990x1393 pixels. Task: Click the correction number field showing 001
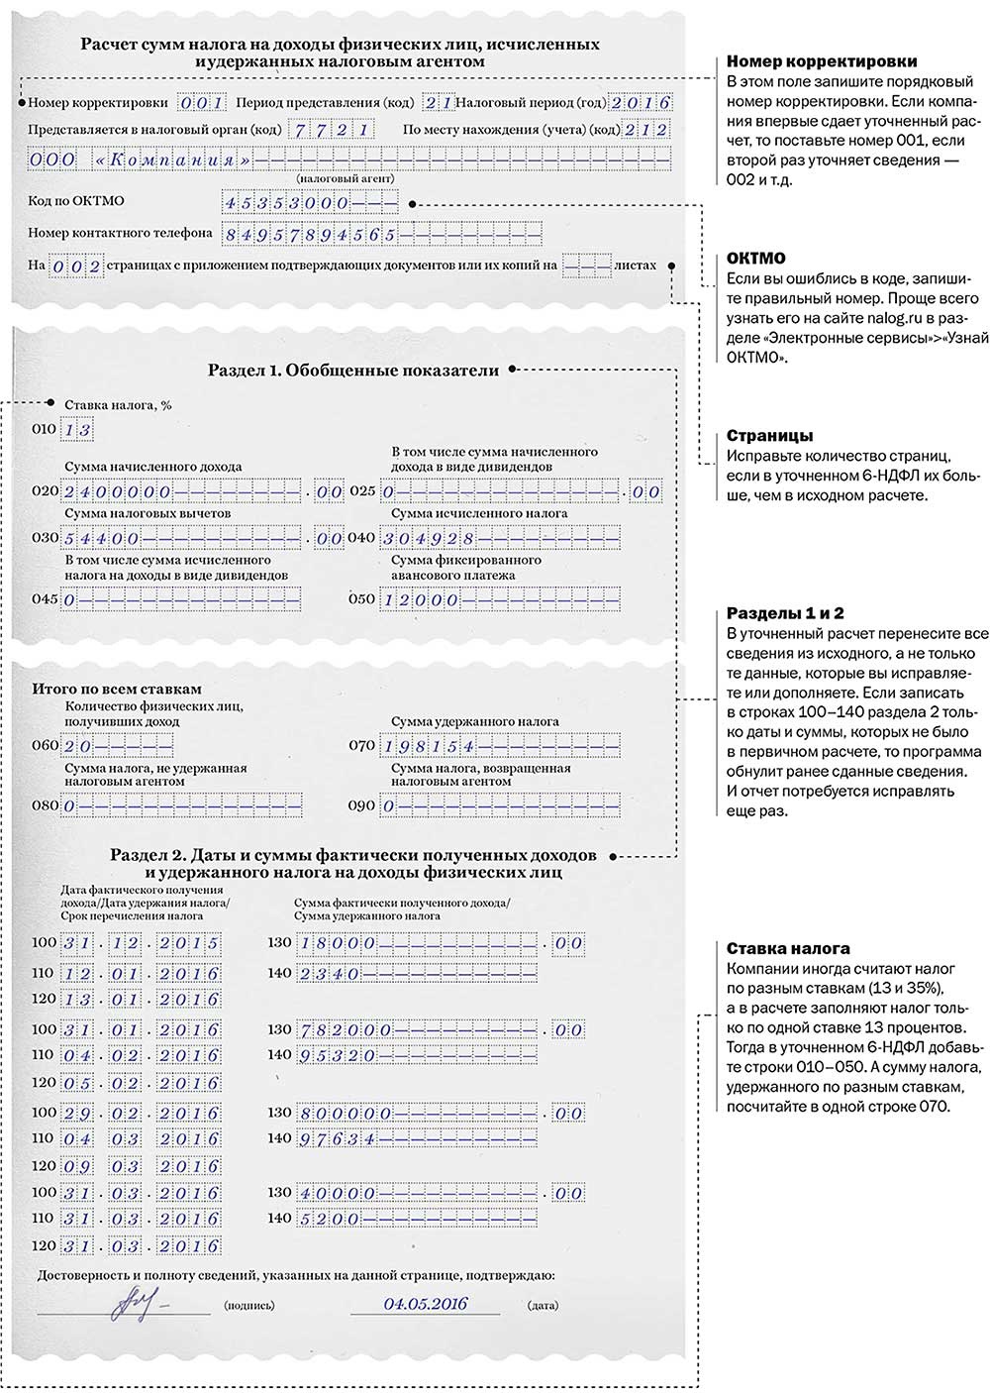click(201, 102)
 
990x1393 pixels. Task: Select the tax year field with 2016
click(641, 102)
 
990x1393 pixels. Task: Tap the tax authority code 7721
click(331, 130)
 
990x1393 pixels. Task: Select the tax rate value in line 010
click(76, 430)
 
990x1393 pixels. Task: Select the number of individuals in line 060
click(78, 746)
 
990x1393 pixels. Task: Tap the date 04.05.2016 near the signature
click(426, 1305)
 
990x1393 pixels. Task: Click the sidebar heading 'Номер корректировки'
click(822, 62)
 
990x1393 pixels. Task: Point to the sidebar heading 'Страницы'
click(770, 436)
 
